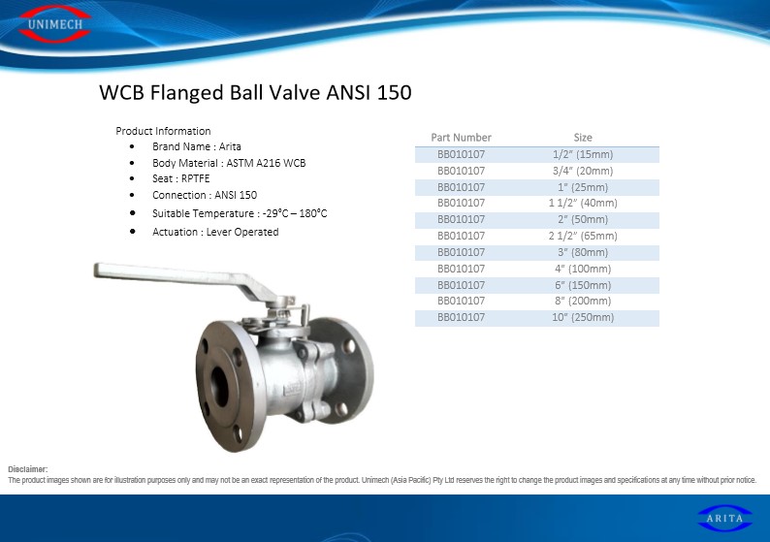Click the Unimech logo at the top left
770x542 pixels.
(x=55, y=24)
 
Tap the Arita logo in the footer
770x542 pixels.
(x=724, y=519)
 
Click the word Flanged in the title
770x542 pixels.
(x=186, y=93)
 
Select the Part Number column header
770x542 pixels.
(x=461, y=138)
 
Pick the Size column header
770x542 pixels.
(x=583, y=138)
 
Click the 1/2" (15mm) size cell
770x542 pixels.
(x=583, y=154)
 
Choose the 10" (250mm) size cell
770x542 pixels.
(x=583, y=317)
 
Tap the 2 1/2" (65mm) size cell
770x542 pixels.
(x=583, y=236)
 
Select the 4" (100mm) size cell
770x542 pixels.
(x=583, y=269)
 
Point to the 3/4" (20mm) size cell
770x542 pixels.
(x=583, y=171)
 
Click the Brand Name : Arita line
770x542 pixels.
(x=197, y=146)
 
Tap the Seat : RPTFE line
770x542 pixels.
(x=180, y=178)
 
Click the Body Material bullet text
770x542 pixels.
(x=229, y=163)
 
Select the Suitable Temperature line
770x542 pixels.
(x=240, y=213)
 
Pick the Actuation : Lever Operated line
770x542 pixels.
(x=215, y=232)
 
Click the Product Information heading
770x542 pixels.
(x=163, y=131)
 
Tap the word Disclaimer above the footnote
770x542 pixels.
(x=28, y=469)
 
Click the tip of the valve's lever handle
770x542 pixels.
(x=96, y=271)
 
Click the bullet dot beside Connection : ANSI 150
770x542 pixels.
(x=132, y=195)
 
